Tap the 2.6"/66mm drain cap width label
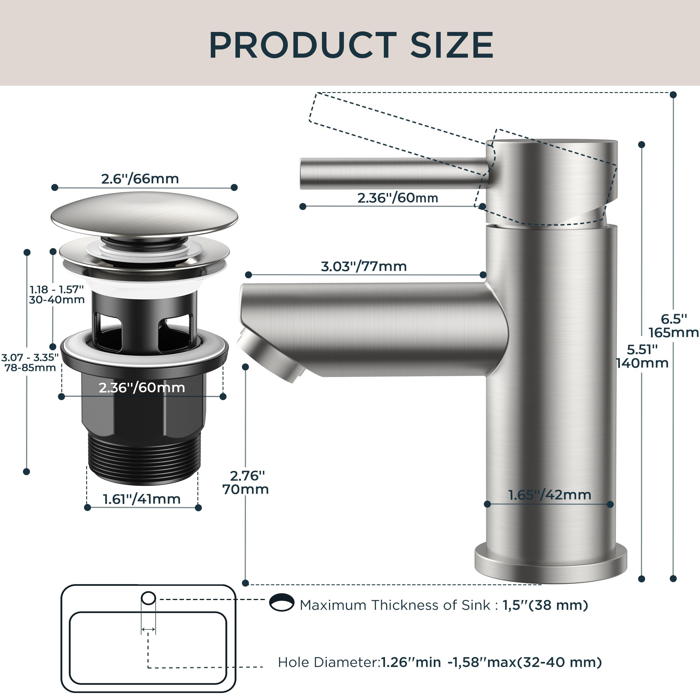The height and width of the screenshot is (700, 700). click(140, 179)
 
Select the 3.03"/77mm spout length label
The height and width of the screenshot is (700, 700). click(364, 266)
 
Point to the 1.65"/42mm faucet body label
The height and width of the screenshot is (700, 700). click(550, 495)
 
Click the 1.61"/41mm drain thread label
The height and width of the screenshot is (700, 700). click(142, 499)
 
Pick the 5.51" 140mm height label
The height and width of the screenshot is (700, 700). click(642, 356)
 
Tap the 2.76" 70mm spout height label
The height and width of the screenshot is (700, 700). click(246, 482)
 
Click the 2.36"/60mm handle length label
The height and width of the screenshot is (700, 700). click(398, 198)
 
